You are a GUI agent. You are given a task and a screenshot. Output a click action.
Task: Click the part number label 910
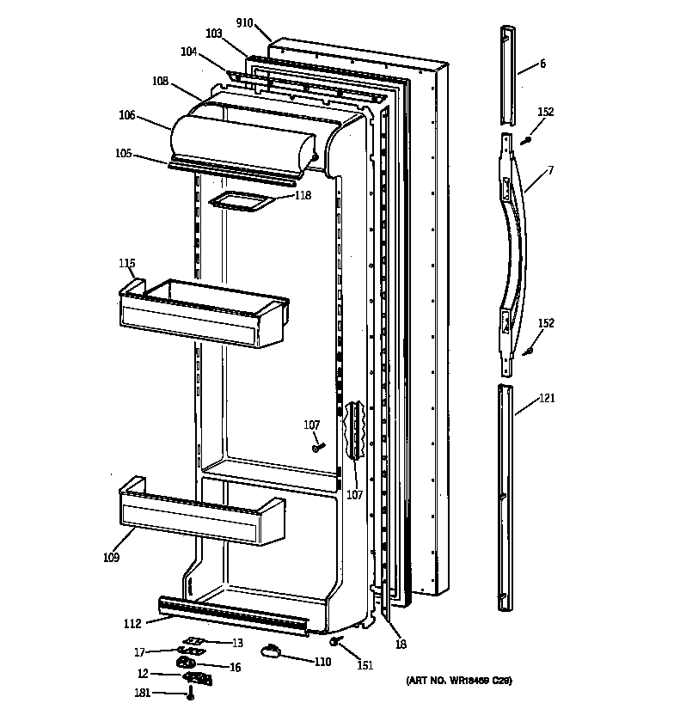coord(245,23)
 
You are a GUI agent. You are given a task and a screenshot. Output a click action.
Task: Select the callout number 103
coord(214,34)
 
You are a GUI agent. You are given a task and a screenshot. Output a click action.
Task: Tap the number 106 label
coord(127,114)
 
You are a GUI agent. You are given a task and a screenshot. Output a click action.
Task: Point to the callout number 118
coord(302,195)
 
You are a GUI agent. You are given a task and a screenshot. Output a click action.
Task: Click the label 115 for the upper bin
coord(127,262)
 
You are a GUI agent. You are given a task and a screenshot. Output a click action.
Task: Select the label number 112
coord(132,625)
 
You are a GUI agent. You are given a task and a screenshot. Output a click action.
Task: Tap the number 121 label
coord(547,398)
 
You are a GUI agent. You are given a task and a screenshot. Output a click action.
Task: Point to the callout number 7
coord(550,171)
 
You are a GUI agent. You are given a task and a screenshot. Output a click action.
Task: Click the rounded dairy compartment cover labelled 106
coord(245,139)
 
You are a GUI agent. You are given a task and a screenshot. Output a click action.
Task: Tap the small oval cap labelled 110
coord(272,652)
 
